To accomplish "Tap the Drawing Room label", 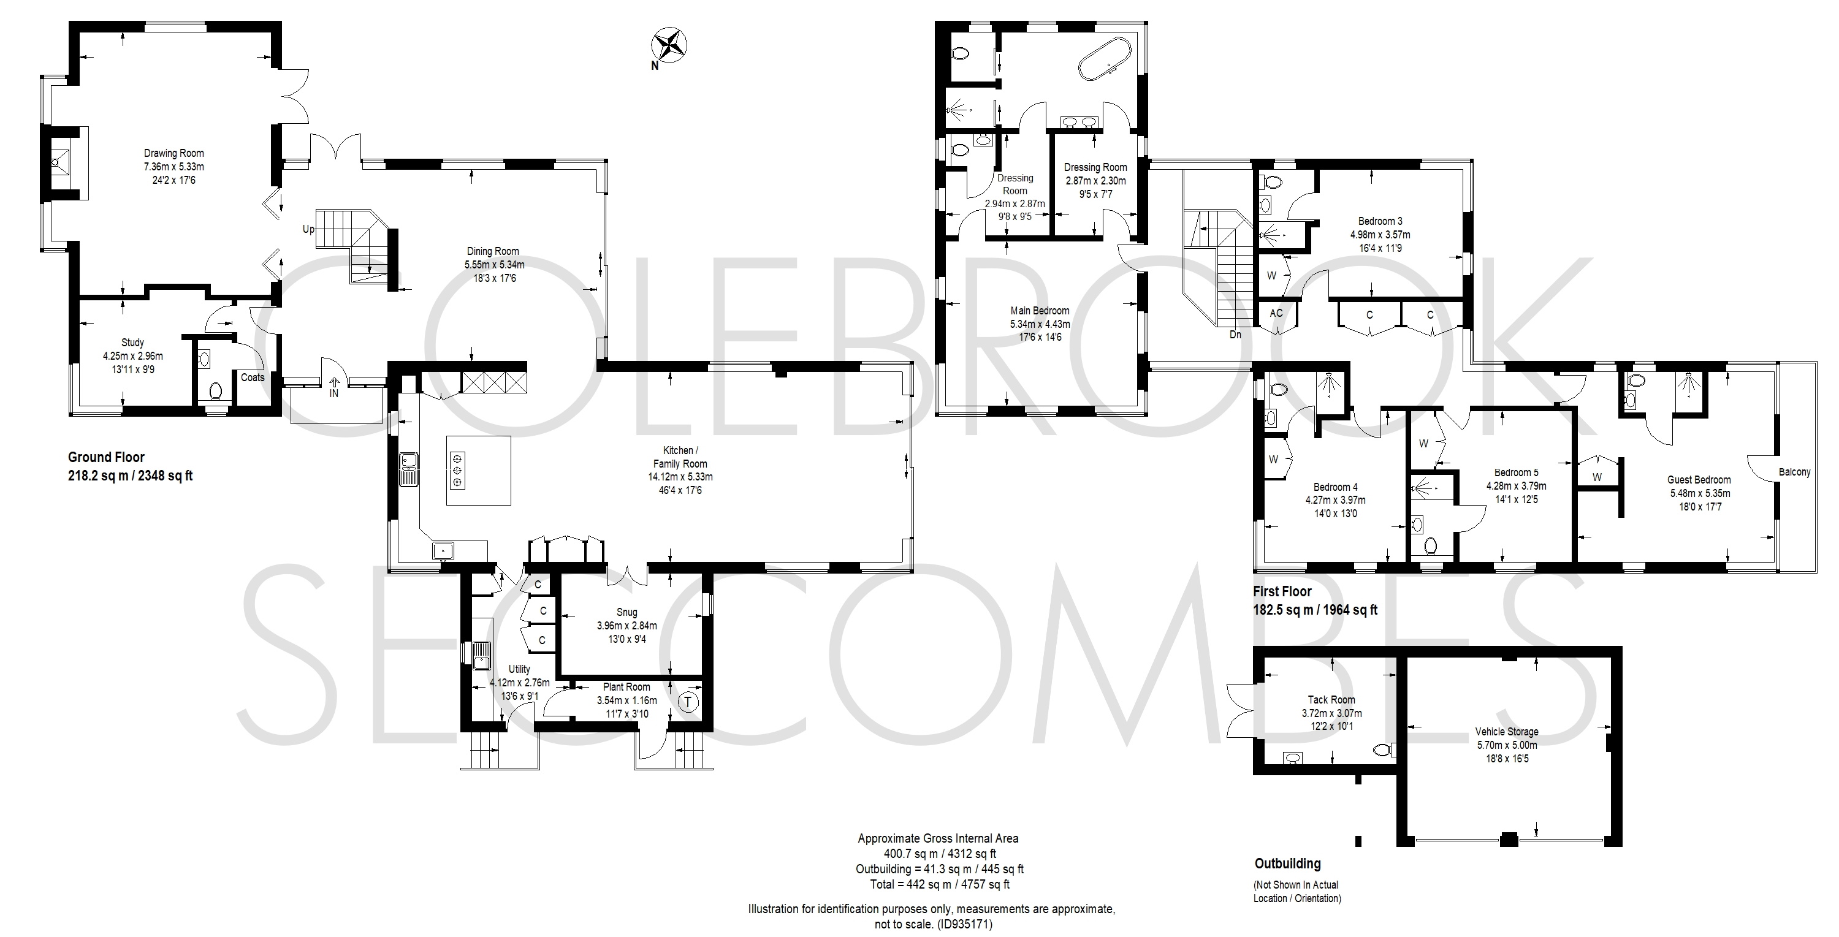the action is (x=173, y=153).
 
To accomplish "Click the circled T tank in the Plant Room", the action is (x=688, y=702).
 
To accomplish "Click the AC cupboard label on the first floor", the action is (x=1276, y=313).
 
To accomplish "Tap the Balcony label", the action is (x=1794, y=472).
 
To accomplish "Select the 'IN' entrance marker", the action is (x=334, y=393).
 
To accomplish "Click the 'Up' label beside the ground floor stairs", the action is (x=308, y=229).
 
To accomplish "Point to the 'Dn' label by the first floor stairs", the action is (x=1235, y=334).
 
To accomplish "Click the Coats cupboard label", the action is (x=253, y=377).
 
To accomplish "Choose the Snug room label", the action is (x=627, y=612).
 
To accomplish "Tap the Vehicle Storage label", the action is (x=1506, y=732).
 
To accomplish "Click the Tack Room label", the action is (x=1331, y=699).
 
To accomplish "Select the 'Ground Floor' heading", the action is (x=107, y=457).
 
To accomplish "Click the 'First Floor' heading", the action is (x=1282, y=591).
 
